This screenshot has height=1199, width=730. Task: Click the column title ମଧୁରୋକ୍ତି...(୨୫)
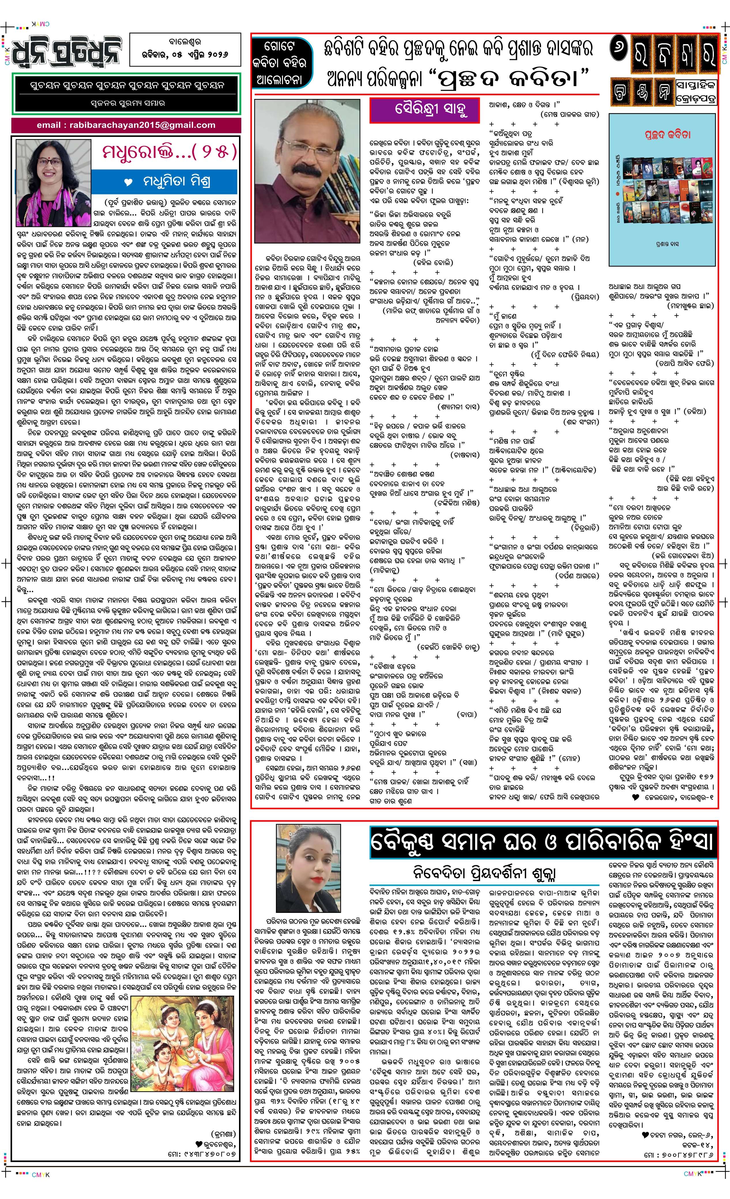[169, 151]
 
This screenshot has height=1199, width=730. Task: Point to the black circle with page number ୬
[620, 50]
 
